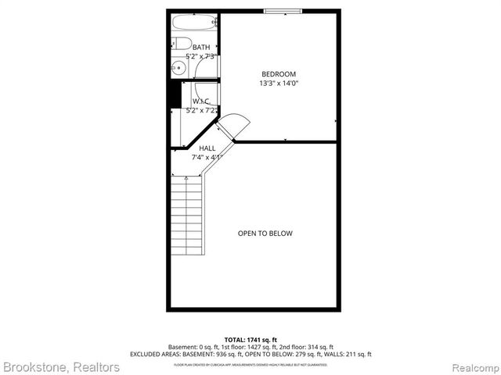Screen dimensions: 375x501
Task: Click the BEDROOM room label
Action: click(x=279, y=74)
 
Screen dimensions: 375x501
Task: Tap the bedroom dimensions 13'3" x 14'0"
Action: click(x=279, y=84)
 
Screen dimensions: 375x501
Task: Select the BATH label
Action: click(x=201, y=47)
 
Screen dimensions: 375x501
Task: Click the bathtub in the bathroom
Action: click(x=193, y=23)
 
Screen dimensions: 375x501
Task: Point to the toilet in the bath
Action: click(x=179, y=43)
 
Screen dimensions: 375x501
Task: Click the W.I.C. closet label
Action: click(x=201, y=102)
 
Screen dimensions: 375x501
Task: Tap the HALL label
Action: click(x=207, y=148)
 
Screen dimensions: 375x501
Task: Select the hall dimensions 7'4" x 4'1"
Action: click(x=207, y=157)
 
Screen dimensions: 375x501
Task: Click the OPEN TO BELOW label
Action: click(x=265, y=233)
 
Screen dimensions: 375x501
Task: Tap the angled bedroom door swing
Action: click(x=234, y=124)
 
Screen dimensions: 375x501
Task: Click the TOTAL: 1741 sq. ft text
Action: click(x=250, y=338)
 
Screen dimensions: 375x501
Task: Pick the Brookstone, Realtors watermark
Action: click(x=61, y=366)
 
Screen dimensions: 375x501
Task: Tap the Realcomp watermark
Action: click(x=471, y=366)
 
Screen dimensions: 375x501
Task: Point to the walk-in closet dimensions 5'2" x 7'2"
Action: click(x=201, y=111)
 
